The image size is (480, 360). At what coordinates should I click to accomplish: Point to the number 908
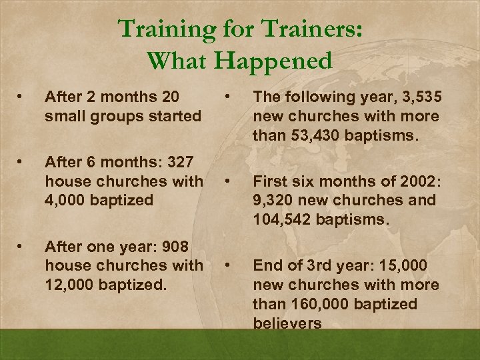[x=181, y=247]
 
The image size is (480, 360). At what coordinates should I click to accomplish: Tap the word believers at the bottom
[x=287, y=323]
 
